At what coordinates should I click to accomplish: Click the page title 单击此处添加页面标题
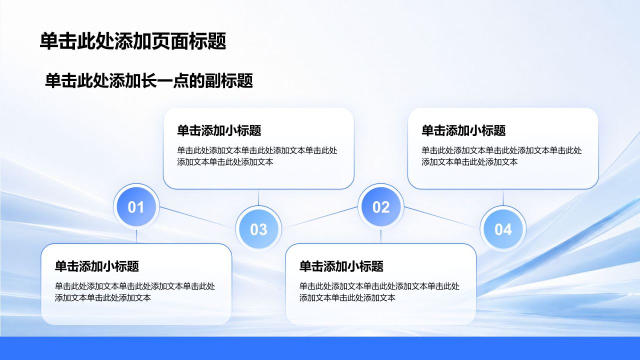coord(133,41)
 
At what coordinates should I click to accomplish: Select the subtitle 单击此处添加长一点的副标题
coord(149,81)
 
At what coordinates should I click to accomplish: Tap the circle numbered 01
coord(136,206)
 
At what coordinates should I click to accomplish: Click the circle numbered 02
coord(381,206)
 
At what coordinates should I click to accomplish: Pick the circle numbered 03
coord(258,229)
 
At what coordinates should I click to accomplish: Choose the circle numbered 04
coord(503,229)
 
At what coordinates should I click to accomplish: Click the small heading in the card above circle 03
coord(219,130)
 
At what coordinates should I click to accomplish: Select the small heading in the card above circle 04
coord(463,130)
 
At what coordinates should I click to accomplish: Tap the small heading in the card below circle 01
coord(97,266)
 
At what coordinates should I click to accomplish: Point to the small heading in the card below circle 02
coord(341,266)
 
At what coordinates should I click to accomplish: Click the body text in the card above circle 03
coord(257,156)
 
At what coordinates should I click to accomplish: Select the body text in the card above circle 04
coord(501,156)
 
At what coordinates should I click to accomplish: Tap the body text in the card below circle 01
coord(135,292)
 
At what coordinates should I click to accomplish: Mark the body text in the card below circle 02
coord(379,292)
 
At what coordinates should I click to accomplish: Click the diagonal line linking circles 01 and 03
coord(197,217)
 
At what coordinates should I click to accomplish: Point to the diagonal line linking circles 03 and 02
coord(319,217)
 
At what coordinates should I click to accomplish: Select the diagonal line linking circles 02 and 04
coord(442,217)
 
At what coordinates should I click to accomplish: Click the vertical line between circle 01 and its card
coord(136,236)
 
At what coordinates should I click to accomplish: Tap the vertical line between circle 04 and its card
coord(503,197)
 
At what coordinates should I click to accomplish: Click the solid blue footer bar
coord(320,348)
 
